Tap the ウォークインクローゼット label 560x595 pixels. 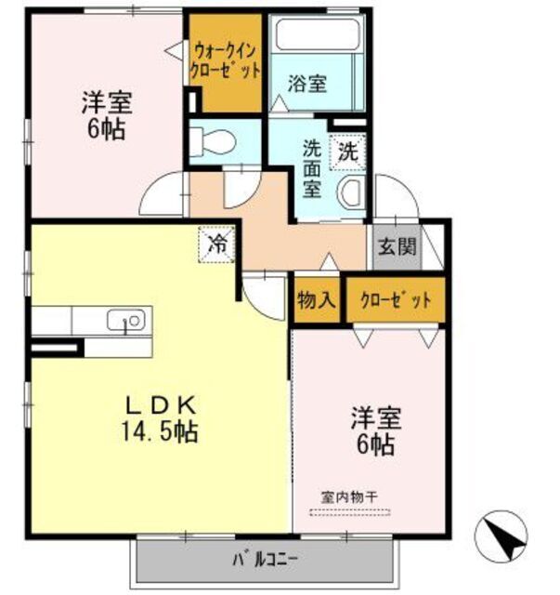[x=226, y=60]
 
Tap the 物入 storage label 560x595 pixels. [x=316, y=300]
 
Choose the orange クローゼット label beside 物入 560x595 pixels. [x=395, y=300]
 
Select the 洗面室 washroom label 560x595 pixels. [x=314, y=167]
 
